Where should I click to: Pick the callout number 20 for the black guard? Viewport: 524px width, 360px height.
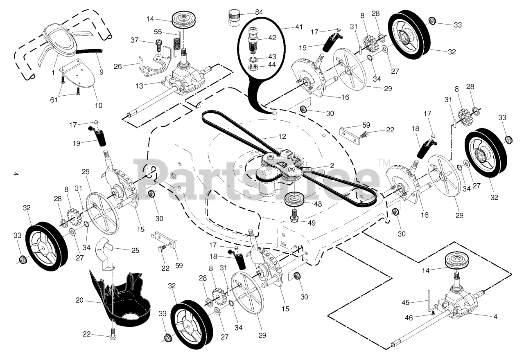pos(79,300)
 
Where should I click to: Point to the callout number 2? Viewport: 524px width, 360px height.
pos(332,165)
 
